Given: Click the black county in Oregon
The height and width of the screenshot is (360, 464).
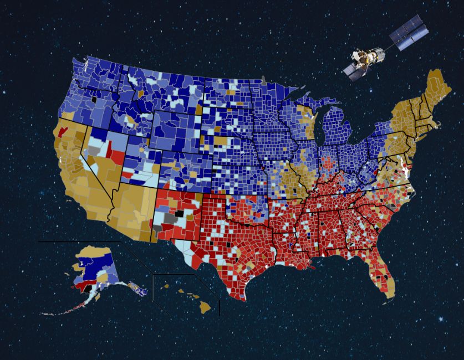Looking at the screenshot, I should point(95,100).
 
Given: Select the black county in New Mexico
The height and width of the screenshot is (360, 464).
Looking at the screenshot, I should point(178,213).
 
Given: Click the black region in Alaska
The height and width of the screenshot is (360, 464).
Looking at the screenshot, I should point(88,290).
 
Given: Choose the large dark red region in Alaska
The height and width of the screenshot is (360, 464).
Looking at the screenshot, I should point(83,284).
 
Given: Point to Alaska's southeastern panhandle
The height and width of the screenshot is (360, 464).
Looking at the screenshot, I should point(136,287).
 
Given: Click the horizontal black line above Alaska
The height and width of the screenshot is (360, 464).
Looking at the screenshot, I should point(78,241).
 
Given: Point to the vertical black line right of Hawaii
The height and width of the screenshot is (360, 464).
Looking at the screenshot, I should point(220,307).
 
